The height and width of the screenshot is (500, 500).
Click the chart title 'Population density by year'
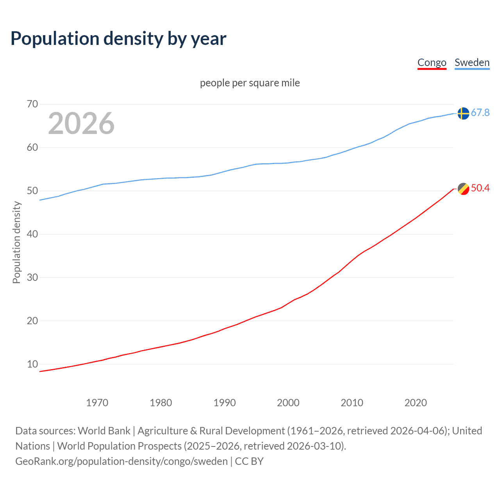click(118, 39)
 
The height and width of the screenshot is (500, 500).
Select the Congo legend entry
click(432, 62)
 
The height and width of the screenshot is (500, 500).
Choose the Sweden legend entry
click(472, 62)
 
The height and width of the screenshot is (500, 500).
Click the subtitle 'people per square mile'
click(250, 83)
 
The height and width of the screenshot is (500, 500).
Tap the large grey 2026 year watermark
click(81, 123)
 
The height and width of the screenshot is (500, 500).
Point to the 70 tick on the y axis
click(32, 104)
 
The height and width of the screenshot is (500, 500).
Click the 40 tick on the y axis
click(32, 234)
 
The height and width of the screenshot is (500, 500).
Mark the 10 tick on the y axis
click(32, 364)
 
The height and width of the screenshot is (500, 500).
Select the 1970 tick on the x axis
click(97, 403)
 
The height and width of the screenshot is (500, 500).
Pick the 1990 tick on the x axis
click(224, 403)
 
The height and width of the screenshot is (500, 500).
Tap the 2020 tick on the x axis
click(415, 403)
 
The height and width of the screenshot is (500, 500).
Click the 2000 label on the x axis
click(288, 403)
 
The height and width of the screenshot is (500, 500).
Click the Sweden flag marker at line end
click(463, 113)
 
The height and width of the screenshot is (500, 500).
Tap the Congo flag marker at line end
click(463, 189)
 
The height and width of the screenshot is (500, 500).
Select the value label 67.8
click(480, 113)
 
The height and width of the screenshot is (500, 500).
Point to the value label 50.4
click(480, 188)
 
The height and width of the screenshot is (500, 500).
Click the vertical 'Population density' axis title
click(16, 242)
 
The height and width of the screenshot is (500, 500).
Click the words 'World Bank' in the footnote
click(104, 431)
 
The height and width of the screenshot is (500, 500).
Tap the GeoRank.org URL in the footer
click(121, 461)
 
